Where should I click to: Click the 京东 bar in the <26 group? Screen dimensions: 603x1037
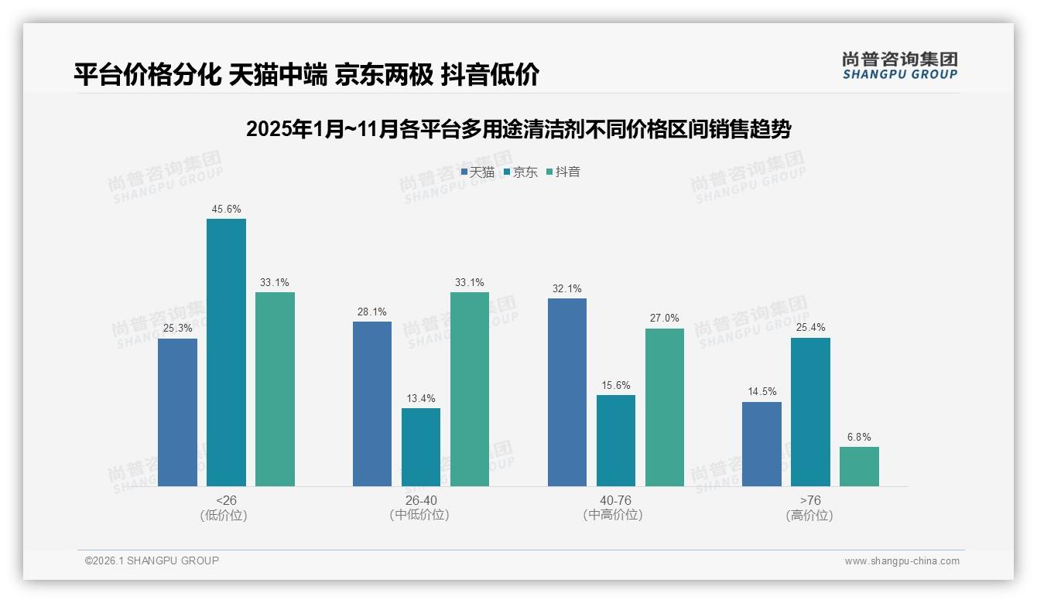click(x=226, y=353)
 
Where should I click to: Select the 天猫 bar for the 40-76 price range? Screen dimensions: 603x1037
click(x=567, y=392)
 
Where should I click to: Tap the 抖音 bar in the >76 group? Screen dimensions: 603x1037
click(x=859, y=466)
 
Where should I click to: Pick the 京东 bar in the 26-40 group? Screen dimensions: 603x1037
click(x=421, y=447)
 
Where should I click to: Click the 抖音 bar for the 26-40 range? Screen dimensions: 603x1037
click(x=470, y=389)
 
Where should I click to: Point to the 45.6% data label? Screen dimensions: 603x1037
click(x=226, y=209)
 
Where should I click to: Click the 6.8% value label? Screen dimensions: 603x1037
click(x=859, y=437)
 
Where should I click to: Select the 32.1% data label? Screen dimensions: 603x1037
click(x=567, y=288)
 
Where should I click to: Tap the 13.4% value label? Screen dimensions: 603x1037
click(x=421, y=398)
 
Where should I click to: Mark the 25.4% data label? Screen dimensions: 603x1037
click(x=810, y=328)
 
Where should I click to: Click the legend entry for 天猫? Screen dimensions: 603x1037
click(x=477, y=172)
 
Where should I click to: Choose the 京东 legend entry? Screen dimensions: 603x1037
click(x=520, y=172)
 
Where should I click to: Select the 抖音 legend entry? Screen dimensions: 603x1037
click(x=563, y=172)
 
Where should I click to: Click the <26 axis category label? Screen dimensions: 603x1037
click(x=226, y=500)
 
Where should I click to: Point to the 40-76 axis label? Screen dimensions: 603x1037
click(x=615, y=500)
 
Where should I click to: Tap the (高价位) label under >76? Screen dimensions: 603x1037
click(x=810, y=515)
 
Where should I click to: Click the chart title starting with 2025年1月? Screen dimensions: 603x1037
click(x=518, y=129)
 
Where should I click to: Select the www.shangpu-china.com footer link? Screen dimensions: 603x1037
click(x=902, y=561)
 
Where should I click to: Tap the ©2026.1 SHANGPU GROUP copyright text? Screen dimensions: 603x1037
click(x=152, y=560)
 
